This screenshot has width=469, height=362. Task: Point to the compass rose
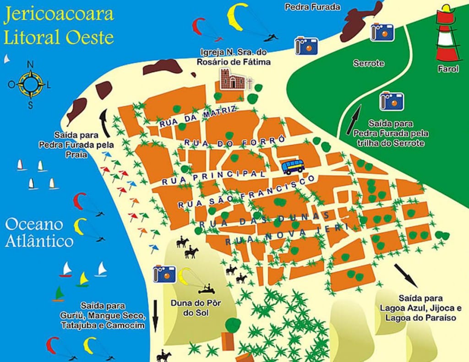(x=31, y=84)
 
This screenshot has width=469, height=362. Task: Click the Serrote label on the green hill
(x=369, y=63)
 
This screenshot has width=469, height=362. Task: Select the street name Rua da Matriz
(x=198, y=117)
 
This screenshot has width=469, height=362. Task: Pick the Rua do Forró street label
(x=234, y=140)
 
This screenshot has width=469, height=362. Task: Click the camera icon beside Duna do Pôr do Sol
(x=165, y=273)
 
